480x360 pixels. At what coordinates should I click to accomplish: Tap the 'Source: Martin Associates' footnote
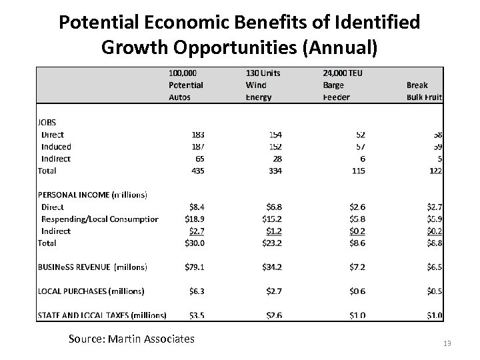tap(131, 339)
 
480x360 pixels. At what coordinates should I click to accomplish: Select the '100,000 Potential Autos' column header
tap(186, 85)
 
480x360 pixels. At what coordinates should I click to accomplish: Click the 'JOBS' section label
tap(47, 122)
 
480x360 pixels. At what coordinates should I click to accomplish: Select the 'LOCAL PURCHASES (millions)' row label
tap(90, 291)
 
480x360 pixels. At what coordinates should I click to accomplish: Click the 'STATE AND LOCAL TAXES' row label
tap(101, 315)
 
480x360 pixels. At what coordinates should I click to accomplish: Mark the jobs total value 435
tap(196, 171)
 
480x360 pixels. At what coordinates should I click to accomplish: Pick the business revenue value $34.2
tap(270, 267)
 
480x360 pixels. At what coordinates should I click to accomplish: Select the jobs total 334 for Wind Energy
tap(273, 171)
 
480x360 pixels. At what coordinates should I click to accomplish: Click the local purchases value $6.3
tap(195, 291)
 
